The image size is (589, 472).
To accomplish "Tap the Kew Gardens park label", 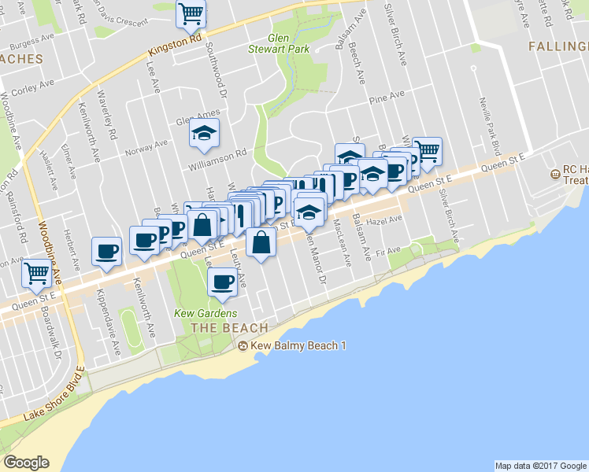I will [200, 312].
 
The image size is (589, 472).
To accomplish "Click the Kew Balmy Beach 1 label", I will [298, 346].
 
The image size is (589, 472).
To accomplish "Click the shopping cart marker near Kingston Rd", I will [191, 14].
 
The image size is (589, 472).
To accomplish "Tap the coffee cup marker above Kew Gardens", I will [223, 282].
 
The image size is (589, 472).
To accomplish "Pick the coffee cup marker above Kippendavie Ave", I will [107, 252].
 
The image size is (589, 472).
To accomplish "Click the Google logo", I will [27, 463].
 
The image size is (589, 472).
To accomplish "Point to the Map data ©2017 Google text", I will [540, 466].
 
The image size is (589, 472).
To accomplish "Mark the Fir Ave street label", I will [389, 251].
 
